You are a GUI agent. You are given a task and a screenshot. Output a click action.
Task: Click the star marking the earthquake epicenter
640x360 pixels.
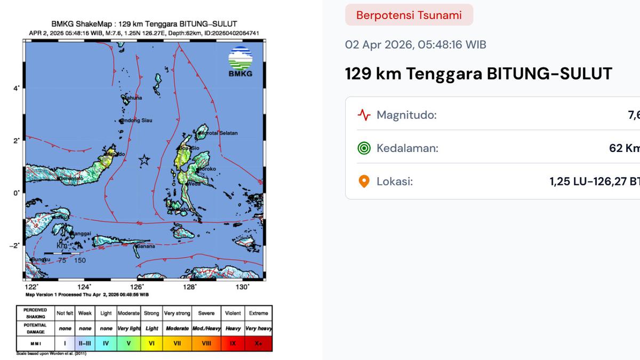coord(144,159)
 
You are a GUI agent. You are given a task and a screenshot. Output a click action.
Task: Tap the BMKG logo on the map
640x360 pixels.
coord(241,62)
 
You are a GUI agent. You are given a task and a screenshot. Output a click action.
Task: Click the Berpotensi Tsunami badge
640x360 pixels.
coord(409,15)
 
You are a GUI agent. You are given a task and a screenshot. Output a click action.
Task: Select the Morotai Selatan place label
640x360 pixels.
coord(218,133)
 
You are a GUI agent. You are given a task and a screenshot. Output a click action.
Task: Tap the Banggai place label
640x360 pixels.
coord(80,233)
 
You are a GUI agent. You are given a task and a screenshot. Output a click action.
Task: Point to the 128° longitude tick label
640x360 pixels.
coord(190,287)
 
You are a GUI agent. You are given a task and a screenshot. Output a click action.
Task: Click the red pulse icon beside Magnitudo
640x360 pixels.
coord(364,115)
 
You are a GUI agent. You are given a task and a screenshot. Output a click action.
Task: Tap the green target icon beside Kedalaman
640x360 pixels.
coord(364,148)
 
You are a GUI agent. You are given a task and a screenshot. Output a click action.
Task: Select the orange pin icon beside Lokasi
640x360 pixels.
coord(364,182)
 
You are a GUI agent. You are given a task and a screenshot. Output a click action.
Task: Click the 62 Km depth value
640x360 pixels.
coord(624,148)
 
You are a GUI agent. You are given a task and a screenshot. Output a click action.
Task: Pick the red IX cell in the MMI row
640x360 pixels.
coord(233,343)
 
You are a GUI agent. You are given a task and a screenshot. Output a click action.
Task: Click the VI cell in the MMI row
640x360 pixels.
coord(152,343)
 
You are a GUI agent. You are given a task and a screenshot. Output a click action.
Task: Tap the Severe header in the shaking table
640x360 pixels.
coord(206,313)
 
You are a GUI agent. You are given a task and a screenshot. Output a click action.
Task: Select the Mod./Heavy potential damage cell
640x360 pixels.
coord(206,329)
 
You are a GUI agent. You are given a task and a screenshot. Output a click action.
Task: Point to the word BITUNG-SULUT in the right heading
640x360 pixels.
coord(549,74)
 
